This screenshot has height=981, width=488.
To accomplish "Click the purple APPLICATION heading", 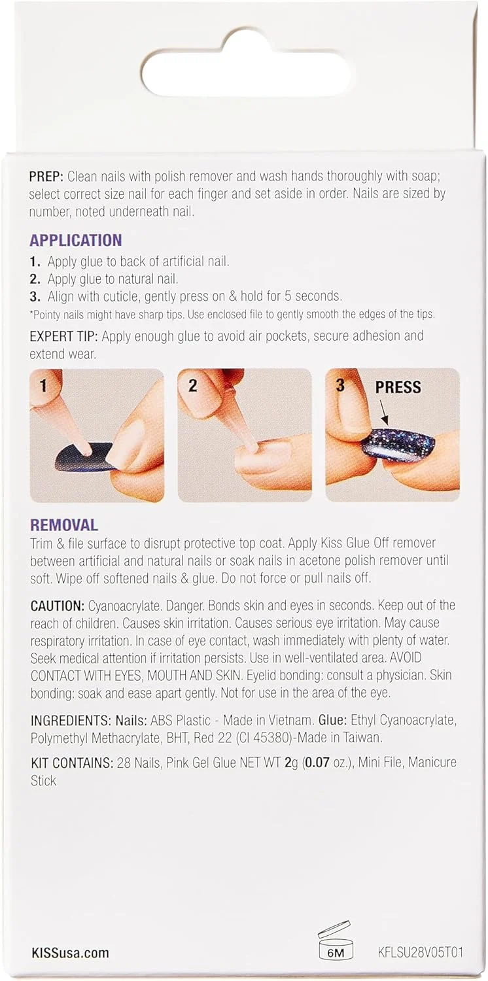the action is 76,241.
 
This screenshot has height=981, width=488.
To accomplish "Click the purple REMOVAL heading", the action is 64,525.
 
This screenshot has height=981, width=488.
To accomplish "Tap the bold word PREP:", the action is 46,177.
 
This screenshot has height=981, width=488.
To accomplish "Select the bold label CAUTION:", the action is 58,606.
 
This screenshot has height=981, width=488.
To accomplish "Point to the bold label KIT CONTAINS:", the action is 72,763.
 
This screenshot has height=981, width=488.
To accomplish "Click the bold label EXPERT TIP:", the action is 63,336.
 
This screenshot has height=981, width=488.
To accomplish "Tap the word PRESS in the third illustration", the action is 398,387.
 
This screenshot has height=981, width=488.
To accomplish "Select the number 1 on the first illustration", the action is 43,386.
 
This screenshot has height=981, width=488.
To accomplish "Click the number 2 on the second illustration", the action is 192,386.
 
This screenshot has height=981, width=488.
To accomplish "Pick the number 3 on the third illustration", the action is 340,385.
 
